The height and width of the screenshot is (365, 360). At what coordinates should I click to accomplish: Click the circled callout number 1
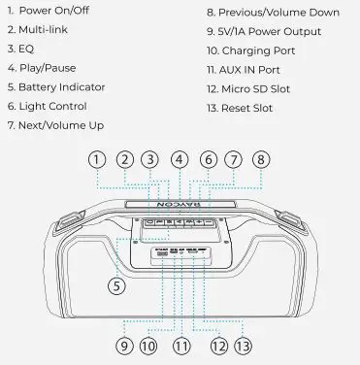tap(96, 159)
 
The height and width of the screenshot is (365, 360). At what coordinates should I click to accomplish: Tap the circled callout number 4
tap(179, 159)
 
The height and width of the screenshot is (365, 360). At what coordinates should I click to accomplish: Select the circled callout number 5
tap(115, 285)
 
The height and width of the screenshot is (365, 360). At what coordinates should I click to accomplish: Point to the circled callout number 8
tap(260, 159)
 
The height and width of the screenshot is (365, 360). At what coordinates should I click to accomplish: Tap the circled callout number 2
tap(124, 159)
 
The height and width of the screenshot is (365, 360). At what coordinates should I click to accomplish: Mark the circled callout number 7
tap(233, 159)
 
